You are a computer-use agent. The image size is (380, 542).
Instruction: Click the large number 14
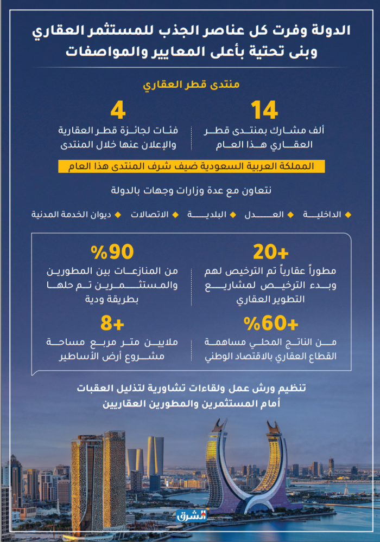264,111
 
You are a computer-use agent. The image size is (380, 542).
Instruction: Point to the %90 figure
112,252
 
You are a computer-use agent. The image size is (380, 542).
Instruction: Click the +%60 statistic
271,325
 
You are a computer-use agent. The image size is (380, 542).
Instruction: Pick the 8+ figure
112,325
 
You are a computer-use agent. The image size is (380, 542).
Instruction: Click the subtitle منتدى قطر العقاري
191,85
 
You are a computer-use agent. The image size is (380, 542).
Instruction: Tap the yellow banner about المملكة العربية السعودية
192,166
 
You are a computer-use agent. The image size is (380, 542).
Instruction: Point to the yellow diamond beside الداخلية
348,215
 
